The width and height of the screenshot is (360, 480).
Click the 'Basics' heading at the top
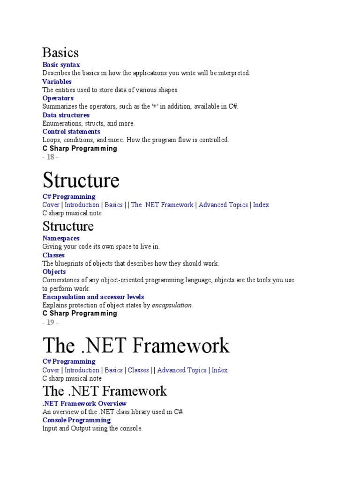point(60,52)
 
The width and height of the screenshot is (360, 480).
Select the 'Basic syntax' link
point(61,65)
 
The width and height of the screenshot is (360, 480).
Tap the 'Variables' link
point(57,82)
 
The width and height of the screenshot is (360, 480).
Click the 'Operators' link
point(58,98)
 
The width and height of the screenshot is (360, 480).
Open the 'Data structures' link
point(66,115)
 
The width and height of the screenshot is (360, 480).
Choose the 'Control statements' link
point(71,132)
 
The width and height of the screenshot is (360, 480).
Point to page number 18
point(50,157)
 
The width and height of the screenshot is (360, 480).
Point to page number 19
point(50,322)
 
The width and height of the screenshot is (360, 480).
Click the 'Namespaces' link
point(61,238)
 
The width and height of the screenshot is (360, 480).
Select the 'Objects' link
point(54,271)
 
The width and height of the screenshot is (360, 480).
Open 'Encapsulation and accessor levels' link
point(93,297)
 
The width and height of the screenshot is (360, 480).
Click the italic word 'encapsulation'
point(172,305)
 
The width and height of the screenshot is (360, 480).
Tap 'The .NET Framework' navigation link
point(162,205)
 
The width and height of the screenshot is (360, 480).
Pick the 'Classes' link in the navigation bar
point(138,370)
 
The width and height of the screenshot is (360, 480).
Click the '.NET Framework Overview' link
point(84,404)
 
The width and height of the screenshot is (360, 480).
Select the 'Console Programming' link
point(76,420)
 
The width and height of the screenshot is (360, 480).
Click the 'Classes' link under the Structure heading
point(53,255)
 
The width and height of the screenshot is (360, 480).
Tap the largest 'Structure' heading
point(81,180)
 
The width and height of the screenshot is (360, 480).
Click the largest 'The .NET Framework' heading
point(136,345)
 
